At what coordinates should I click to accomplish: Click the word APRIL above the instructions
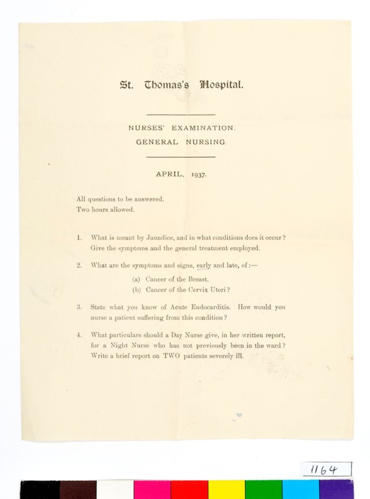click(x=168, y=175)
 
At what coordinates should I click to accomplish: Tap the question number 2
click(x=79, y=265)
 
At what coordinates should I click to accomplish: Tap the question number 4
click(x=79, y=335)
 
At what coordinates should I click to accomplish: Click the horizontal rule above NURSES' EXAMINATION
click(x=180, y=115)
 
